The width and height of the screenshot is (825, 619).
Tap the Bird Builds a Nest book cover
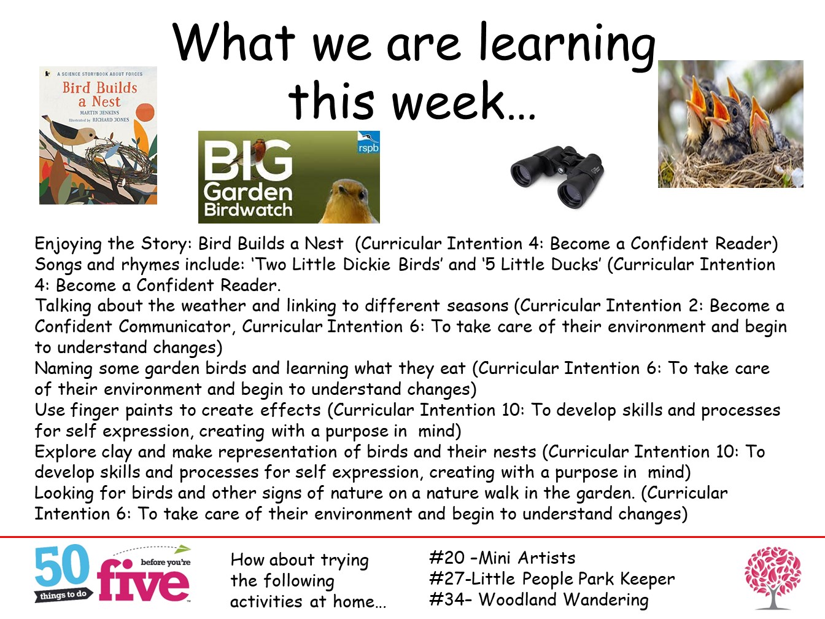(98, 135)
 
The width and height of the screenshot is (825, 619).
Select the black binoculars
(557, 176)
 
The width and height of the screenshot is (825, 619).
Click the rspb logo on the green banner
(368, 143)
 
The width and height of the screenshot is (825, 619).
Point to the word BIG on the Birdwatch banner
(248, 160)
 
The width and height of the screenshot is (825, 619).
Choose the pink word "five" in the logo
(143, 581)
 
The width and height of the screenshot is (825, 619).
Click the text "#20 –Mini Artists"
(502, 558)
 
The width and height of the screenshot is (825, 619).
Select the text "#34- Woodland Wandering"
(539, 599)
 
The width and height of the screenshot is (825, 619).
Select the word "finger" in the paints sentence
(95, 411)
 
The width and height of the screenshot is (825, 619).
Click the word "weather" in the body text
(213, 306)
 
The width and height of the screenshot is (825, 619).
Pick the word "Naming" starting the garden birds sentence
(63, 368)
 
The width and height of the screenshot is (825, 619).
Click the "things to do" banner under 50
(63, 595)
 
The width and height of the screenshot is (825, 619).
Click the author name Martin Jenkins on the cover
(99, 112)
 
